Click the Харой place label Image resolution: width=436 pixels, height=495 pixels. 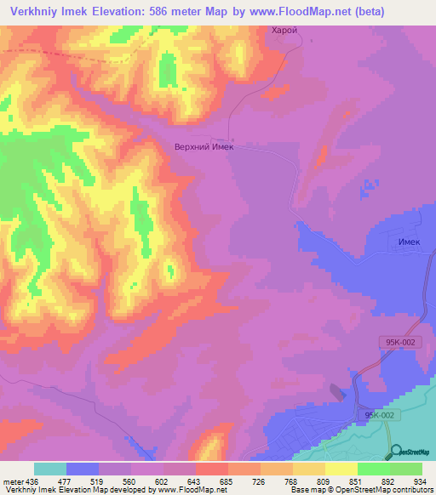(284, 30)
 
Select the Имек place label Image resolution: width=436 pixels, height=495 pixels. (410, 242)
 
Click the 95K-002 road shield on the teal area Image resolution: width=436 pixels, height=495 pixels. (380, 415)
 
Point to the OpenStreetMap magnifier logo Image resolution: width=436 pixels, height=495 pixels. (396, 452)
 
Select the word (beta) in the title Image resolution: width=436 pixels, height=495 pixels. (364, 12)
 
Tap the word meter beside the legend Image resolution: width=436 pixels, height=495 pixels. (12, 481)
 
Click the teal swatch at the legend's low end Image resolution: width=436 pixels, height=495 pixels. (50, 469)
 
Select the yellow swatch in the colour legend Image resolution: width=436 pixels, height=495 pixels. (341, 469)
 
